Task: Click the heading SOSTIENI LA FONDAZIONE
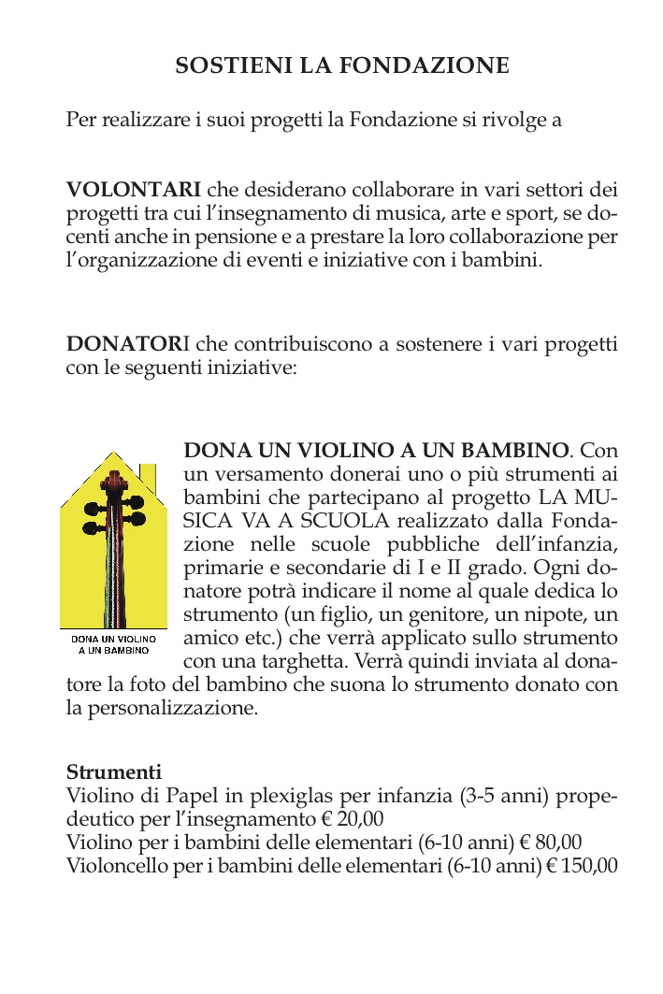point(342,65)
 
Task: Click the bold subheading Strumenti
point(113,773)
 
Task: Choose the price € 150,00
point(582,865)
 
